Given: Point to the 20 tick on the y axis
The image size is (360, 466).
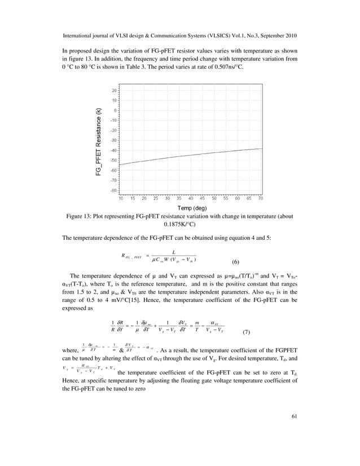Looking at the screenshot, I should (113, 90).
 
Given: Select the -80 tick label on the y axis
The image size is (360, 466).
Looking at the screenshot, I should (113, 191).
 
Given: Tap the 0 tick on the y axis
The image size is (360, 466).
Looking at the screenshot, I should (115, 111).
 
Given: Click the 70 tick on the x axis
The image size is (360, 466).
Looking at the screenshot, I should (260, 199).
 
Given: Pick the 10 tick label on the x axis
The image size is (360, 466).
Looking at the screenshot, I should (121, 199).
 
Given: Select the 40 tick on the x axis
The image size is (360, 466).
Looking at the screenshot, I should (191, 199).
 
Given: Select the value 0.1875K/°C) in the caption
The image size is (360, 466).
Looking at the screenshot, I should (179, 224).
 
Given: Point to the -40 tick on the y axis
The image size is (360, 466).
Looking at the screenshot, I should (113, 151).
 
